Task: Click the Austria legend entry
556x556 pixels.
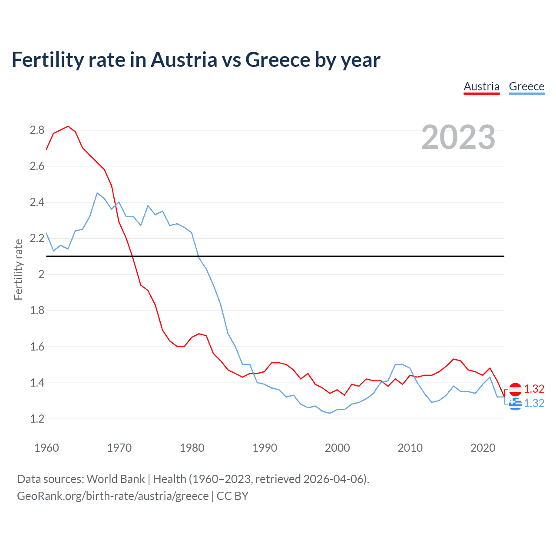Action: point(481,86)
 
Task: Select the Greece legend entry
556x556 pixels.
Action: point(526,86)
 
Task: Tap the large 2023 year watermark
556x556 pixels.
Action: point(458,137)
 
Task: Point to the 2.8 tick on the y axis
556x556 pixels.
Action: point(37,130)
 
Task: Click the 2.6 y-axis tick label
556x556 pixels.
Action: point(37,166)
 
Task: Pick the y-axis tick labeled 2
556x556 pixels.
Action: point(41,274)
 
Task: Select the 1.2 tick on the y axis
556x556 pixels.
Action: point(37,419)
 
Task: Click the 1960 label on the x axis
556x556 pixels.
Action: point(46,448)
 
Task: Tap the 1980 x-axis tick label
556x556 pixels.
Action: point(192,448)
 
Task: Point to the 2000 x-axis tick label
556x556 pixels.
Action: point(337,448)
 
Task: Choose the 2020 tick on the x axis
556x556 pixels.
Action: point(483,448)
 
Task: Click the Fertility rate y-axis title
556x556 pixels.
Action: point(18,269)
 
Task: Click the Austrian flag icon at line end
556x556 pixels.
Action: point(515,389)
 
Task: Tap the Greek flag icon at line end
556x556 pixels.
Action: point(515,404)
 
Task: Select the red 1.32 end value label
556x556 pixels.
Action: point(534,389)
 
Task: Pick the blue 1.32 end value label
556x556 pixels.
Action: point(534,403)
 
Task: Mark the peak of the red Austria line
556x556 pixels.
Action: point(68,126)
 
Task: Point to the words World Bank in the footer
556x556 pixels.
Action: point(116,479)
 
